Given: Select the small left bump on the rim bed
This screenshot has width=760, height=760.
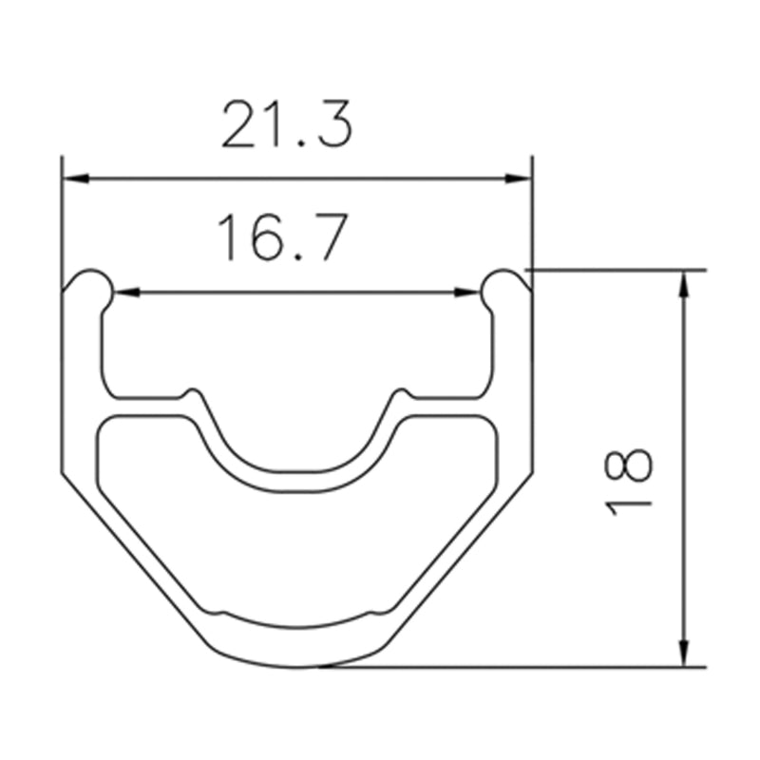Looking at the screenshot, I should pos(193,392).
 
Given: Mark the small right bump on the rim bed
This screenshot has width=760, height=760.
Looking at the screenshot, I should pos(400,392).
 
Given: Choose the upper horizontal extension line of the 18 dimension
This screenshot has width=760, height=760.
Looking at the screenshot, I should pos(617,270).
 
